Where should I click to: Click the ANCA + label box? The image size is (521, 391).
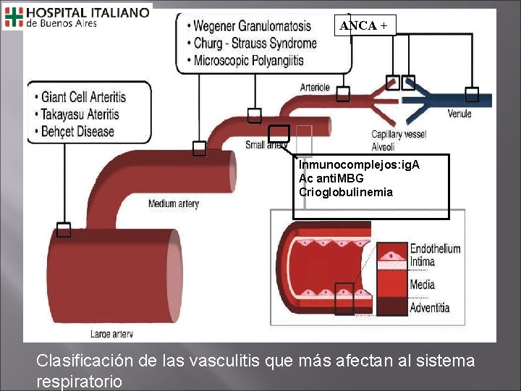(364, 25)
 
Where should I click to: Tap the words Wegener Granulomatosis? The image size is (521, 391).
(252, 26)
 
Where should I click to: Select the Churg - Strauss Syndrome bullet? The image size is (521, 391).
(255, 43)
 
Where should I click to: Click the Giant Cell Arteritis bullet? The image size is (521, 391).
(83, 96)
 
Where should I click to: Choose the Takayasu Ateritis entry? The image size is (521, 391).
(80, 114)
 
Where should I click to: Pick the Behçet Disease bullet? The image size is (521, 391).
(77, 131)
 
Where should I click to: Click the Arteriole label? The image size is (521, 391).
(315, 88)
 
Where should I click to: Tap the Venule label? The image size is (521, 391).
(459, 114)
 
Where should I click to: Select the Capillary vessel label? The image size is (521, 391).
(399, 135)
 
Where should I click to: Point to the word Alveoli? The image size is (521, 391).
(384, 147)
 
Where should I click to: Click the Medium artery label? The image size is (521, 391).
(173, 203)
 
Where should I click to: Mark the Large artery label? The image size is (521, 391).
(111, 335)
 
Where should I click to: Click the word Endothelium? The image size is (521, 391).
(435, 248)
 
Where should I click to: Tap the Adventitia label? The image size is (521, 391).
(430, 308)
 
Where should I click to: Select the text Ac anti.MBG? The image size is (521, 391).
(331, 178)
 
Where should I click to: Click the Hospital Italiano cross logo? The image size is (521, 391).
(14, 16)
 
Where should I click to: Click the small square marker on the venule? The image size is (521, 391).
(472, 94)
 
